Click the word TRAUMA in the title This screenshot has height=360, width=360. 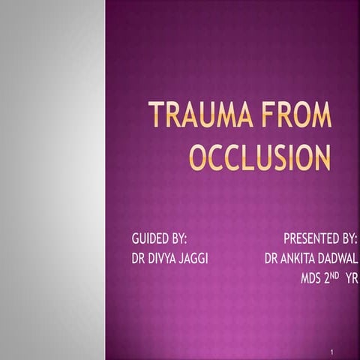(x=196, y=117)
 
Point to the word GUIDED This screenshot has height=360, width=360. (x=147, y=240)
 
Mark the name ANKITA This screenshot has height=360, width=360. (x=298, y=259)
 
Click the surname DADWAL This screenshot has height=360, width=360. (x=339, y=259)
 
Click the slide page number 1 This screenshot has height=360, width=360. (x=331, y=351)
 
